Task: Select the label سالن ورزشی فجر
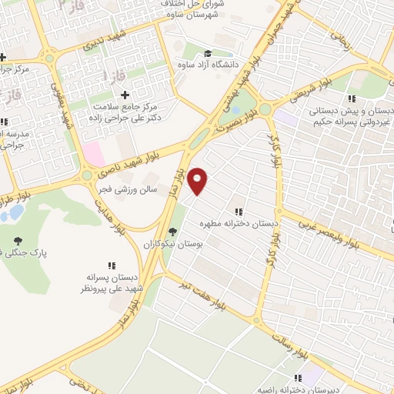(126, 187)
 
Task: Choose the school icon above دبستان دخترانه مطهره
(238, 211)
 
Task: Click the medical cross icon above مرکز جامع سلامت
(125, 94)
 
